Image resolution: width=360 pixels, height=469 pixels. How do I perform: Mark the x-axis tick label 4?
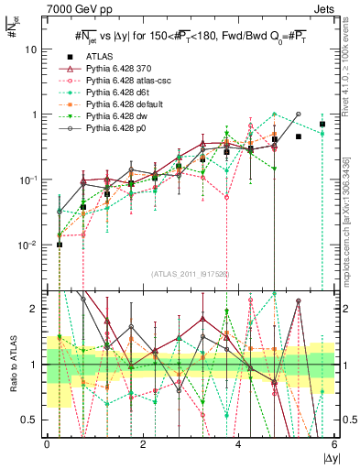(239, 446)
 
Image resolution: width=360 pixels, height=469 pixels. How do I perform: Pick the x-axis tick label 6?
(334, 446)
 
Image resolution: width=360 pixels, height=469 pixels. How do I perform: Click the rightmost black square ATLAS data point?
(322, 124)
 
